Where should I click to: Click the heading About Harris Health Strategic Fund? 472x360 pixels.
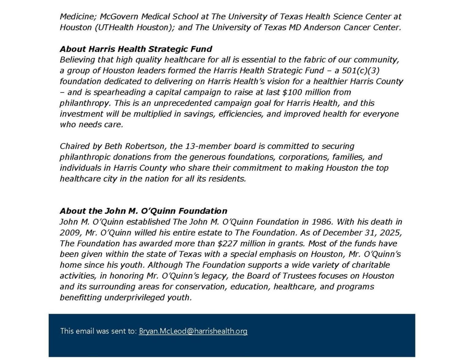pyautogui.click(x=136, y=49)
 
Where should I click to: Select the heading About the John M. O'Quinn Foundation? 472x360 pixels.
pyautogui.click(x=143, y=211)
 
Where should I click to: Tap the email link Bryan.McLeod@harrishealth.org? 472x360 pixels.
pyautogui.click(x=193, y=331)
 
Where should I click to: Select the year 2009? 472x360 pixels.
pyautogui.click(x=70, y=233)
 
